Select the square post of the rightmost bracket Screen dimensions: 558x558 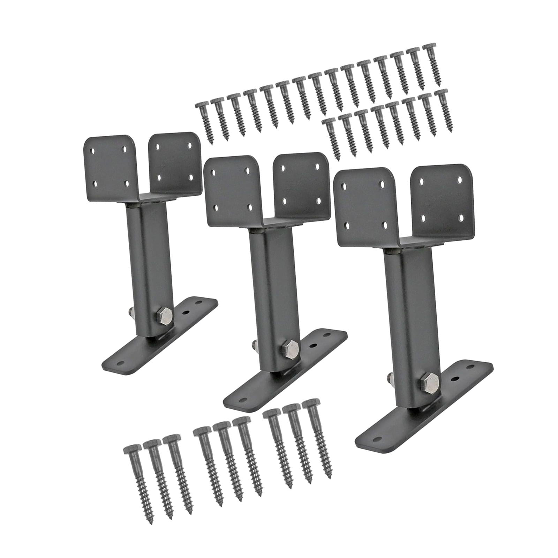[x=401, y=321]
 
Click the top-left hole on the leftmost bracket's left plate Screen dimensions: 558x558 [x=93, y=152]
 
